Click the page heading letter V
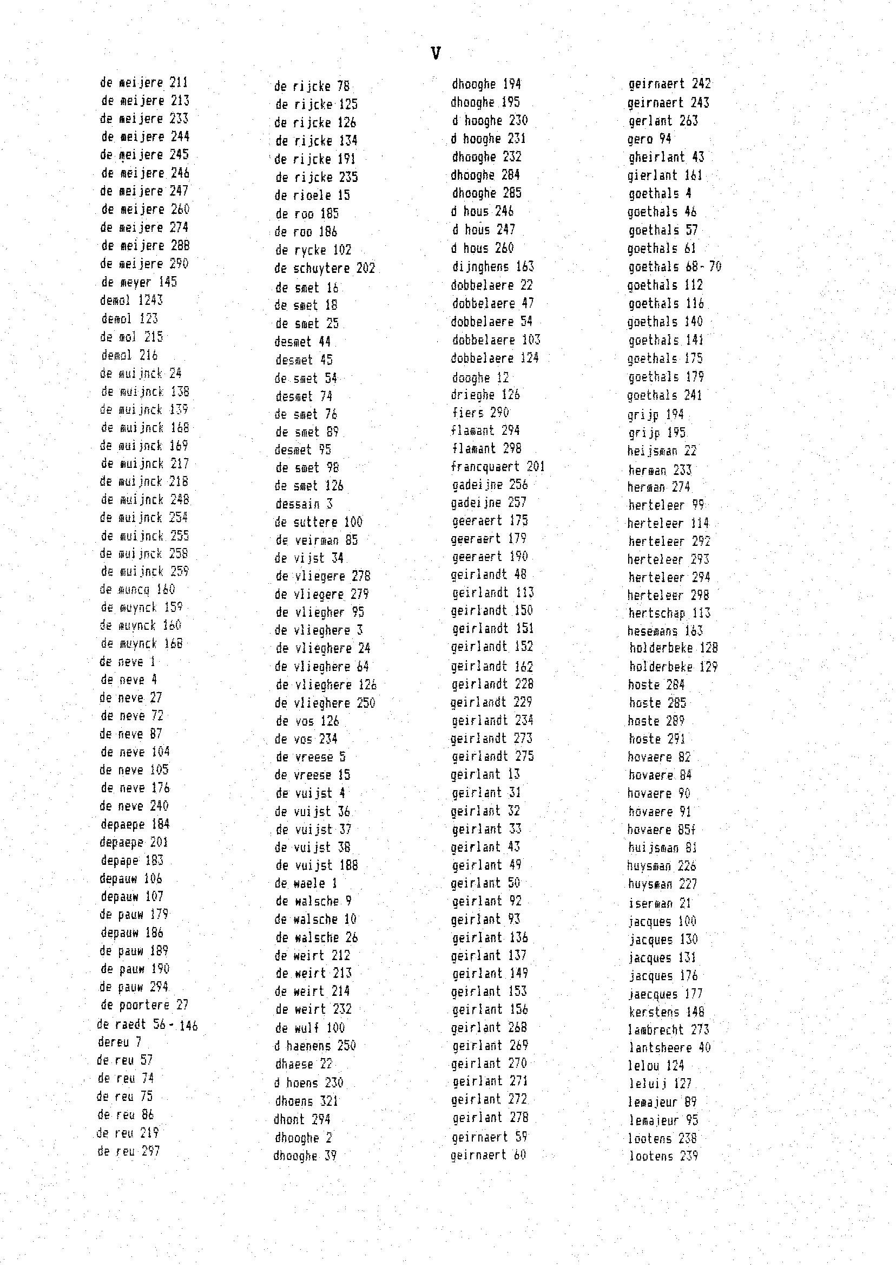[436, 54]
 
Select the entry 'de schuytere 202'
[325, 269]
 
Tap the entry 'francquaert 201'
[498, 467]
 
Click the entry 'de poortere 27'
[144, 1005]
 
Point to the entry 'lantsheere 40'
[669, 1047]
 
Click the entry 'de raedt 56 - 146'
[147, 1025]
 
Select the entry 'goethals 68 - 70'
[674, 268]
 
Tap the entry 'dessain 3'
[304, 504]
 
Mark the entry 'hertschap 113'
[669, 614]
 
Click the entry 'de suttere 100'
[318, 523]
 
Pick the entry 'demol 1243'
[131, 301]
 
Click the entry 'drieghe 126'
[485, 395]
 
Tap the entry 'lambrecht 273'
[668, 1030]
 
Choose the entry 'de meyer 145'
[139, 282]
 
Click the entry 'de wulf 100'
[309, 1028]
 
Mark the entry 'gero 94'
[649, 139]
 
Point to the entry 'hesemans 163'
[665, 631]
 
